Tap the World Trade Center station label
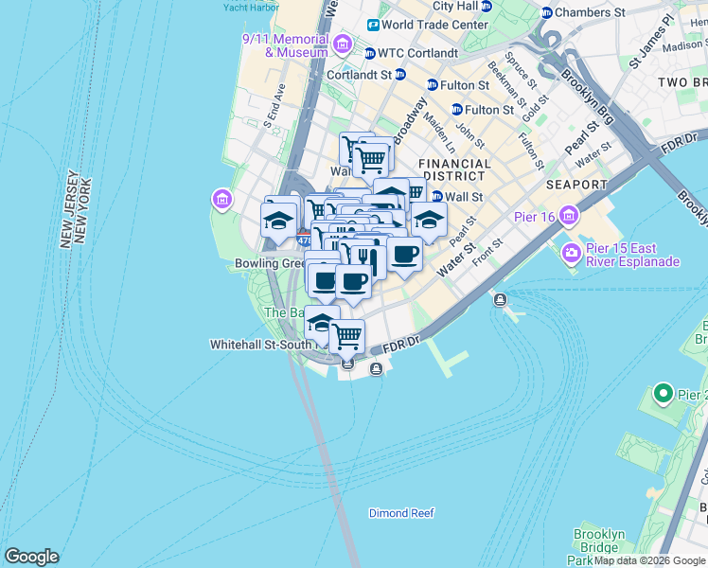(x=435, y=25)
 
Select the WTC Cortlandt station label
(x=417, y=53)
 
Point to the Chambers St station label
(x=590, y=12)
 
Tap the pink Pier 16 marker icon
(x=568, y=217)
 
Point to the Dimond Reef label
(x=401, y=513)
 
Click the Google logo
(x=31, y=557)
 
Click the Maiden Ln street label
(x=440, y=133)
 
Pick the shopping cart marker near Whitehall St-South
(x=347, y=335)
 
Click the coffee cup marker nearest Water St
(x=405, y=254)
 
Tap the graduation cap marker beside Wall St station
(x=429, y=219)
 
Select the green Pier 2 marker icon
(x=662, y=393)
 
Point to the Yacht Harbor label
(x=250, y=7)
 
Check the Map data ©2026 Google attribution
(x=649, y=560)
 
